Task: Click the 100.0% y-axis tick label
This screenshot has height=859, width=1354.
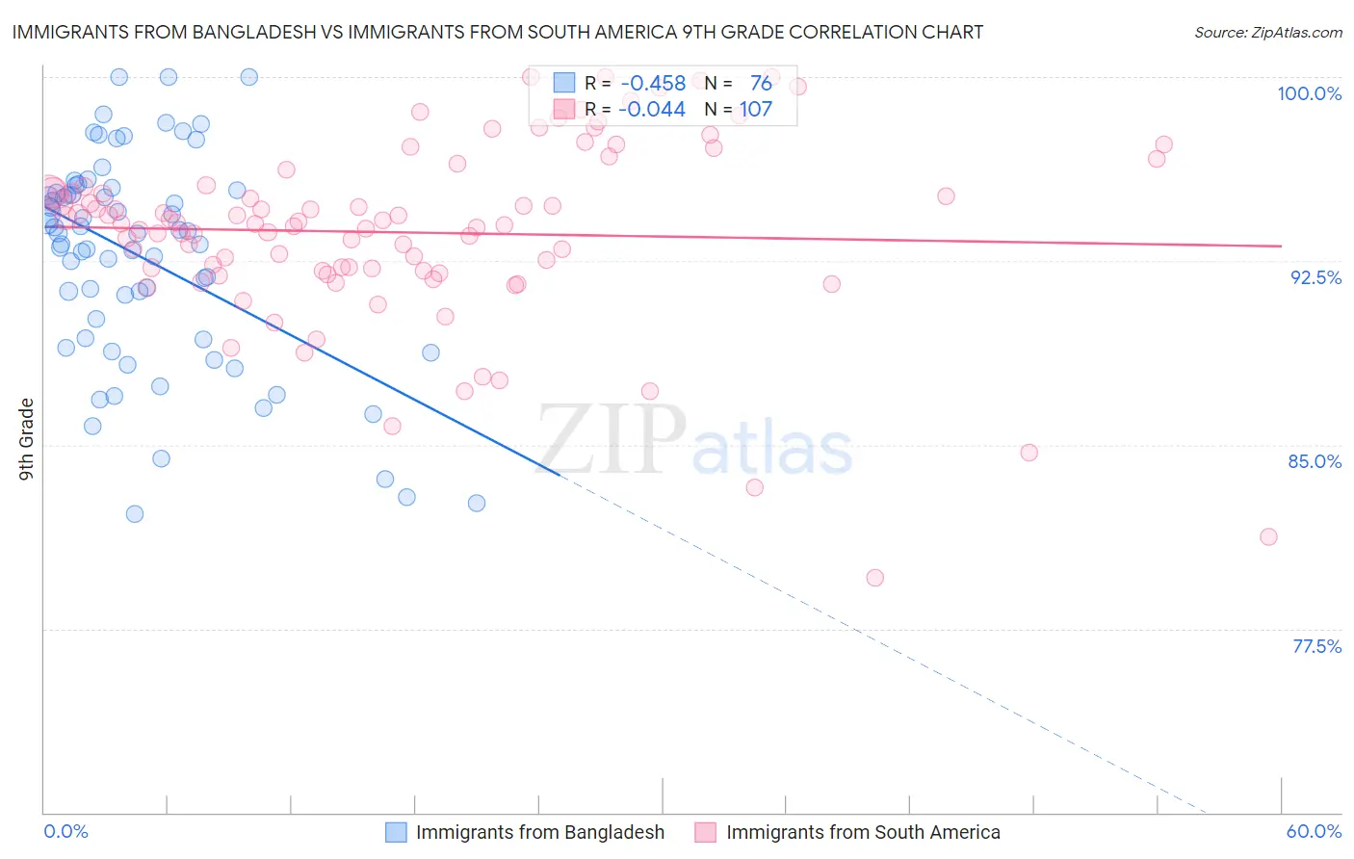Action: pyautogui.click(x=1309, y=93)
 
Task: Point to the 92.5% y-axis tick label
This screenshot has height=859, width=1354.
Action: pyautogui.click(x=1315, y=277)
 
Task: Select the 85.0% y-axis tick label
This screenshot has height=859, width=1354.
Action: pyautogui.click(x=1315, y=461)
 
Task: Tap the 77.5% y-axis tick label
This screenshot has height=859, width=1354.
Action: pyautogui.click(x=1316, y=646)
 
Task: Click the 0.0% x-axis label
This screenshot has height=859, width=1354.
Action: pyautogui.click(x=65, y=831)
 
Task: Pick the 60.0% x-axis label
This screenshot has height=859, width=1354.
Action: pyautogui.click(x=1314, y=831)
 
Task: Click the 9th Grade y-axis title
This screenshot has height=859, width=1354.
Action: pyautogui.click(x=26, y=439)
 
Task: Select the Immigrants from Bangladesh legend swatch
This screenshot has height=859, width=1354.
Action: pyautogui.click(x=396, y=832)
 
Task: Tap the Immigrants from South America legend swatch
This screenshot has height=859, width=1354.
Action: pyautogui.click(x=706, y=832)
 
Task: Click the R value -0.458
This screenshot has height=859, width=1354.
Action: pyautogui.click(x=653, y=83)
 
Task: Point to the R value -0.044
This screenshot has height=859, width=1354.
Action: pyautogui.click(x=652, y=109)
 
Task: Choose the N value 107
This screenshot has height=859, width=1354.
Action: pyautogui.click(x=755, y=109)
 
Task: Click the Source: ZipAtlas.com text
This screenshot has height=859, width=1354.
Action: pyautogui.click(x=1267, y=32)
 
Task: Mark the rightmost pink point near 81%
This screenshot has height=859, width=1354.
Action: pyautogui.click(x=1268, y=536)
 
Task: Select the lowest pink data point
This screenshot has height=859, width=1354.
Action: pyautogui.click(x=874, y=578)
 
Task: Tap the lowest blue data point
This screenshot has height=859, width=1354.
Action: pyautogui.click(x=135, y=514)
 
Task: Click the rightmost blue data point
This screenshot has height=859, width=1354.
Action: pyautogui.click(x=476, y=503)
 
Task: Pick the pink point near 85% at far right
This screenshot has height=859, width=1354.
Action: pyautogui.click(x=1029, y=453)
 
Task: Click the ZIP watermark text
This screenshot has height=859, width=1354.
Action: pyautogui.click(x=611, y=439)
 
